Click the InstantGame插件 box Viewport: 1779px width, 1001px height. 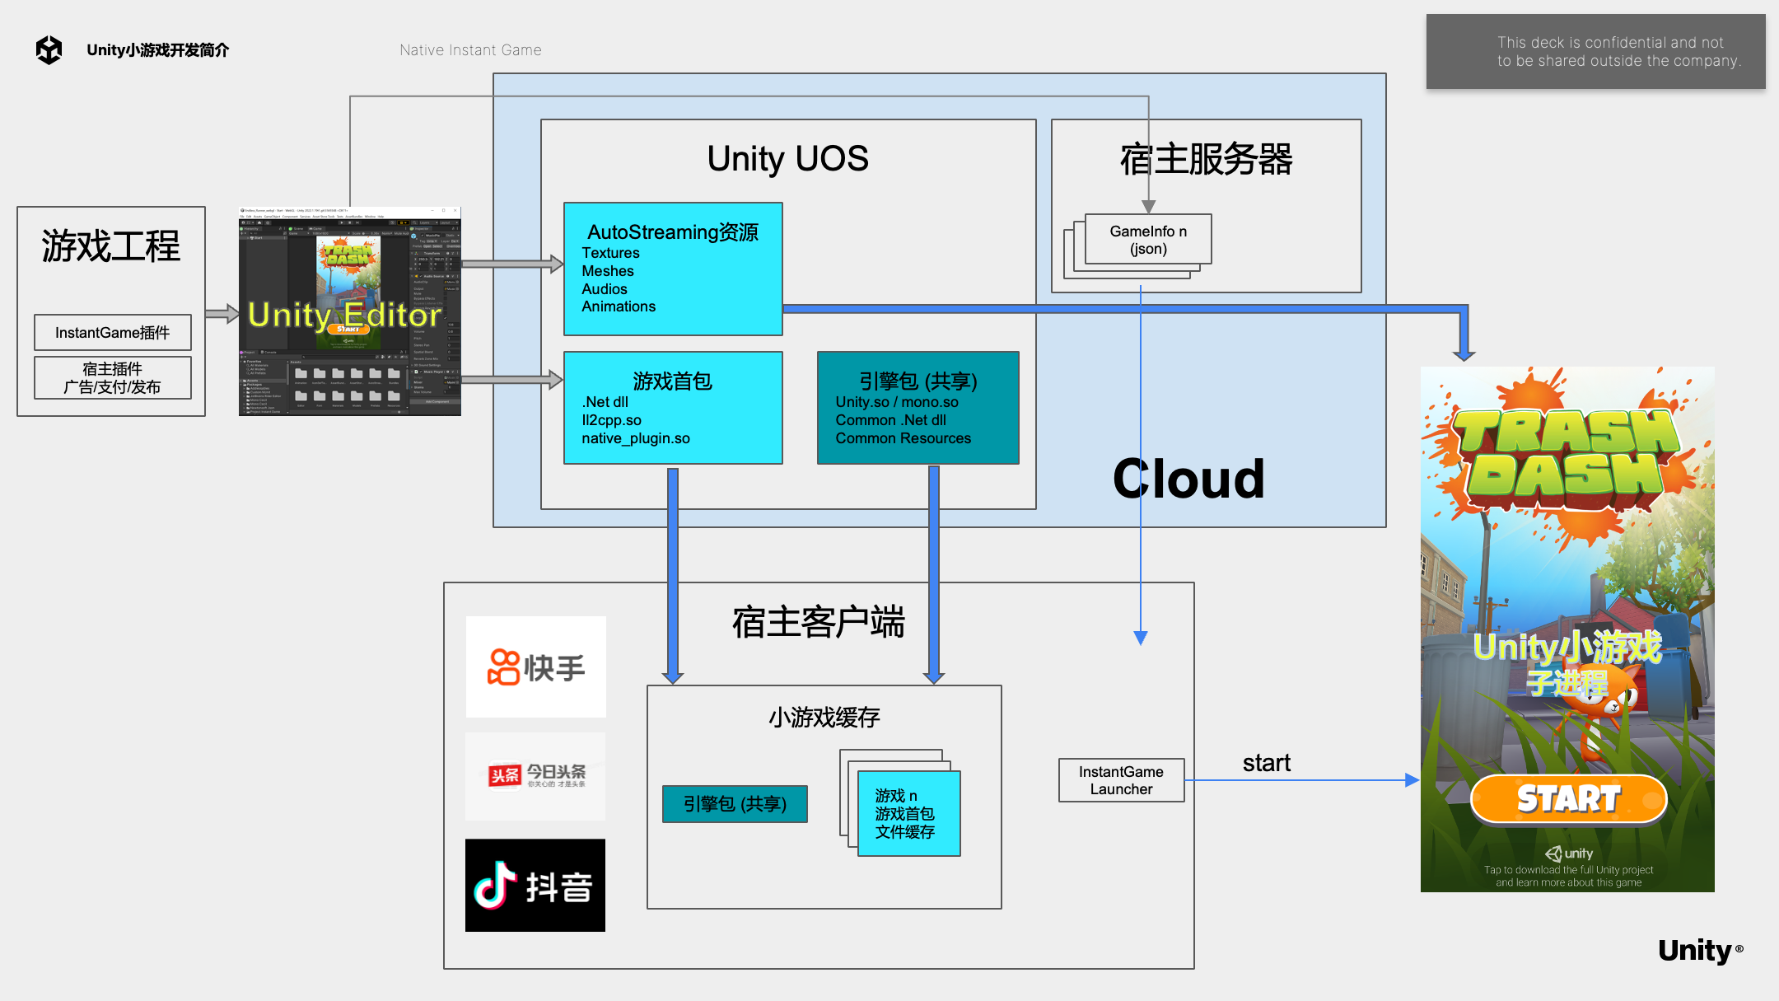click(113, 333)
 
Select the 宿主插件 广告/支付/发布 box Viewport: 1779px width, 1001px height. click(113, 378)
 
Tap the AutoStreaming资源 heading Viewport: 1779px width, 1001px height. click(672, 232)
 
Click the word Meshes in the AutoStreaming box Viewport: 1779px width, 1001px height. click(608, 271)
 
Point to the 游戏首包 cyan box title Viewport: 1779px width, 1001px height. click(672, 381)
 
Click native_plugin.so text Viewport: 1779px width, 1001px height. click(636, 438)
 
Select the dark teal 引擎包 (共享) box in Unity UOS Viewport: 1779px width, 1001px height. click(918, 409)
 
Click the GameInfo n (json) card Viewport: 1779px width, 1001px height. click(1148, 240)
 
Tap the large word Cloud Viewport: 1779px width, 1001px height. click(1188, 479)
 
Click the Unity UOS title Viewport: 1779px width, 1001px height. click(787, 158)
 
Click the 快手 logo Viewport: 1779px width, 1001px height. click(536, 667)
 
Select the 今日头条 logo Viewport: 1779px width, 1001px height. click(536, 775)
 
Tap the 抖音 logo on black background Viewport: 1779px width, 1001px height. click(535, 886)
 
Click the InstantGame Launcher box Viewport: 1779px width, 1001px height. click(1121, 780)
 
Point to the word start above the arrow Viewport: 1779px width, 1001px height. click(1266, 763)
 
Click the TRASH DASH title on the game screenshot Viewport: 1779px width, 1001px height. click(1567, 454)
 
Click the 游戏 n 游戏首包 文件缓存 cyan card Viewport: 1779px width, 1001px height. click(908, 814)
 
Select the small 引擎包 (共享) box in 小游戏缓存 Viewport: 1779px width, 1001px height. click(735, 804)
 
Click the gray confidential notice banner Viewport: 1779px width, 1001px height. click(1595, 52)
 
